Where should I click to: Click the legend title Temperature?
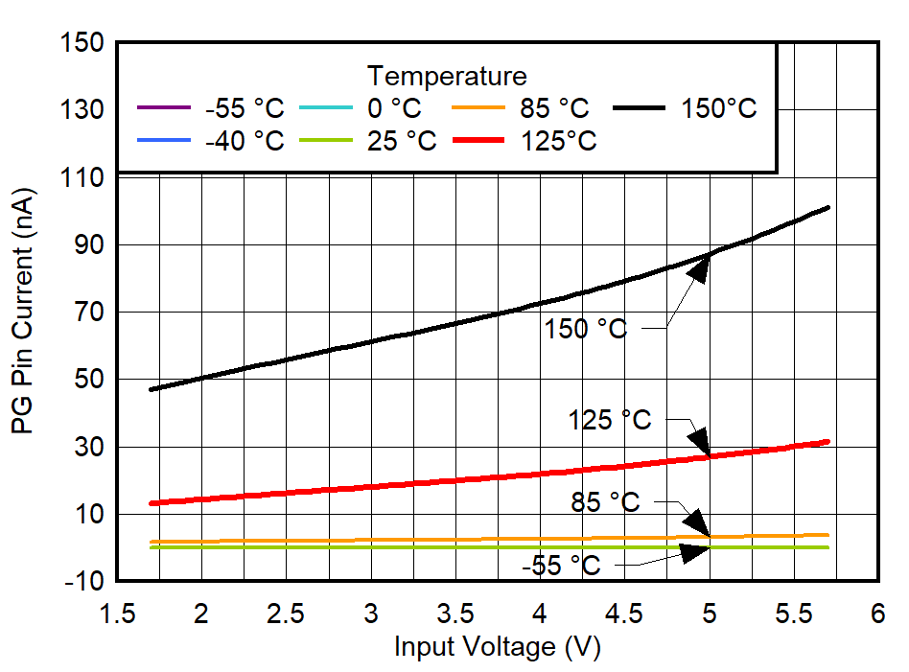coord(447,76)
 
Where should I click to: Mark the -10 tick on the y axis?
coord(80,582)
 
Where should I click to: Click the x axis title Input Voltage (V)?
coord(497,647)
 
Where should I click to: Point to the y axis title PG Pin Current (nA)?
coord(23,313)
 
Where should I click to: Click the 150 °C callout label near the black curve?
coord(586,329)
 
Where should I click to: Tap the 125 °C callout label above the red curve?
coord(609,420)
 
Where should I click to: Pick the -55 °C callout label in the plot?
coord(561,566)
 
